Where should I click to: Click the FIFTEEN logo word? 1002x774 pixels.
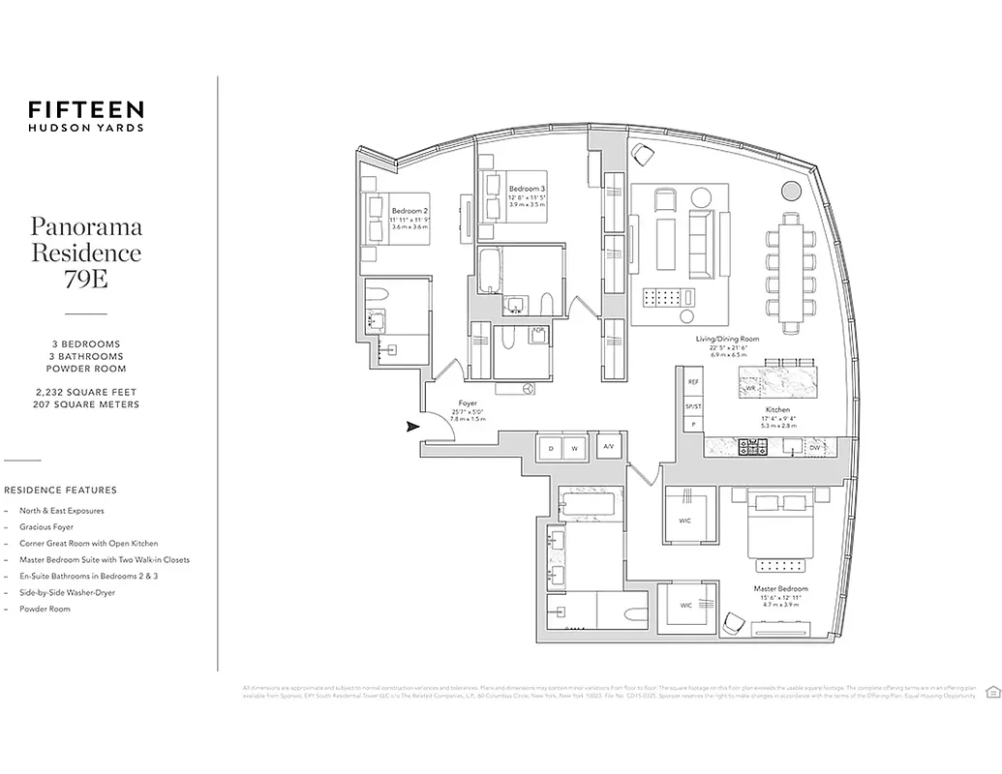tap(86, 109)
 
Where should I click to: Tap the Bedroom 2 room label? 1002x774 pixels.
tap(410, 210)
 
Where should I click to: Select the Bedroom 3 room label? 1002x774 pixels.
tap(527, 188)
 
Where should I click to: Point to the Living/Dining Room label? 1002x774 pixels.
tap(727, 340)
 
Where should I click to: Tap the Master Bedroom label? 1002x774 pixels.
tap(780, 588)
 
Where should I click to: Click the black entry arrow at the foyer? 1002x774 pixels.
tap(412, 426)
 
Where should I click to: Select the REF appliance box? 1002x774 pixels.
tap(692, 382)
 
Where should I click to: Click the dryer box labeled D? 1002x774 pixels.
tap(550, 447)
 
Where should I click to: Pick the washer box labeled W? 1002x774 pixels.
tap(574, 447)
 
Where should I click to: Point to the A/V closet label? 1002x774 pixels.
tap(608, 447)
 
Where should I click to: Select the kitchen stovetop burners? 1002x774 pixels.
tap(753, 446)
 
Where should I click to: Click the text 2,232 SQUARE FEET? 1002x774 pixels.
tap(85, 392)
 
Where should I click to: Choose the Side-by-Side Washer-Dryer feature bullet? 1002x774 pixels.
tap(67, 592)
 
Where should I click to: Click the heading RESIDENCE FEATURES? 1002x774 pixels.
tap(60, 491)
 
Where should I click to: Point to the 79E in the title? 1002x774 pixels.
tap(86, 280)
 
